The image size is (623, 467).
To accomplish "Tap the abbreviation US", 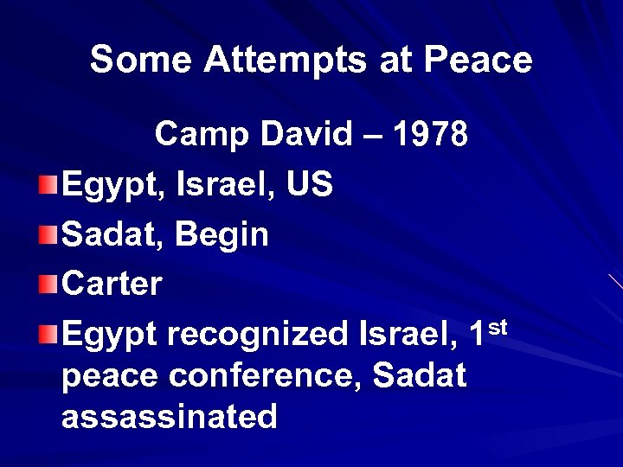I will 311,185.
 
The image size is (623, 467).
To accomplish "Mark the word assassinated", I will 170,417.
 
